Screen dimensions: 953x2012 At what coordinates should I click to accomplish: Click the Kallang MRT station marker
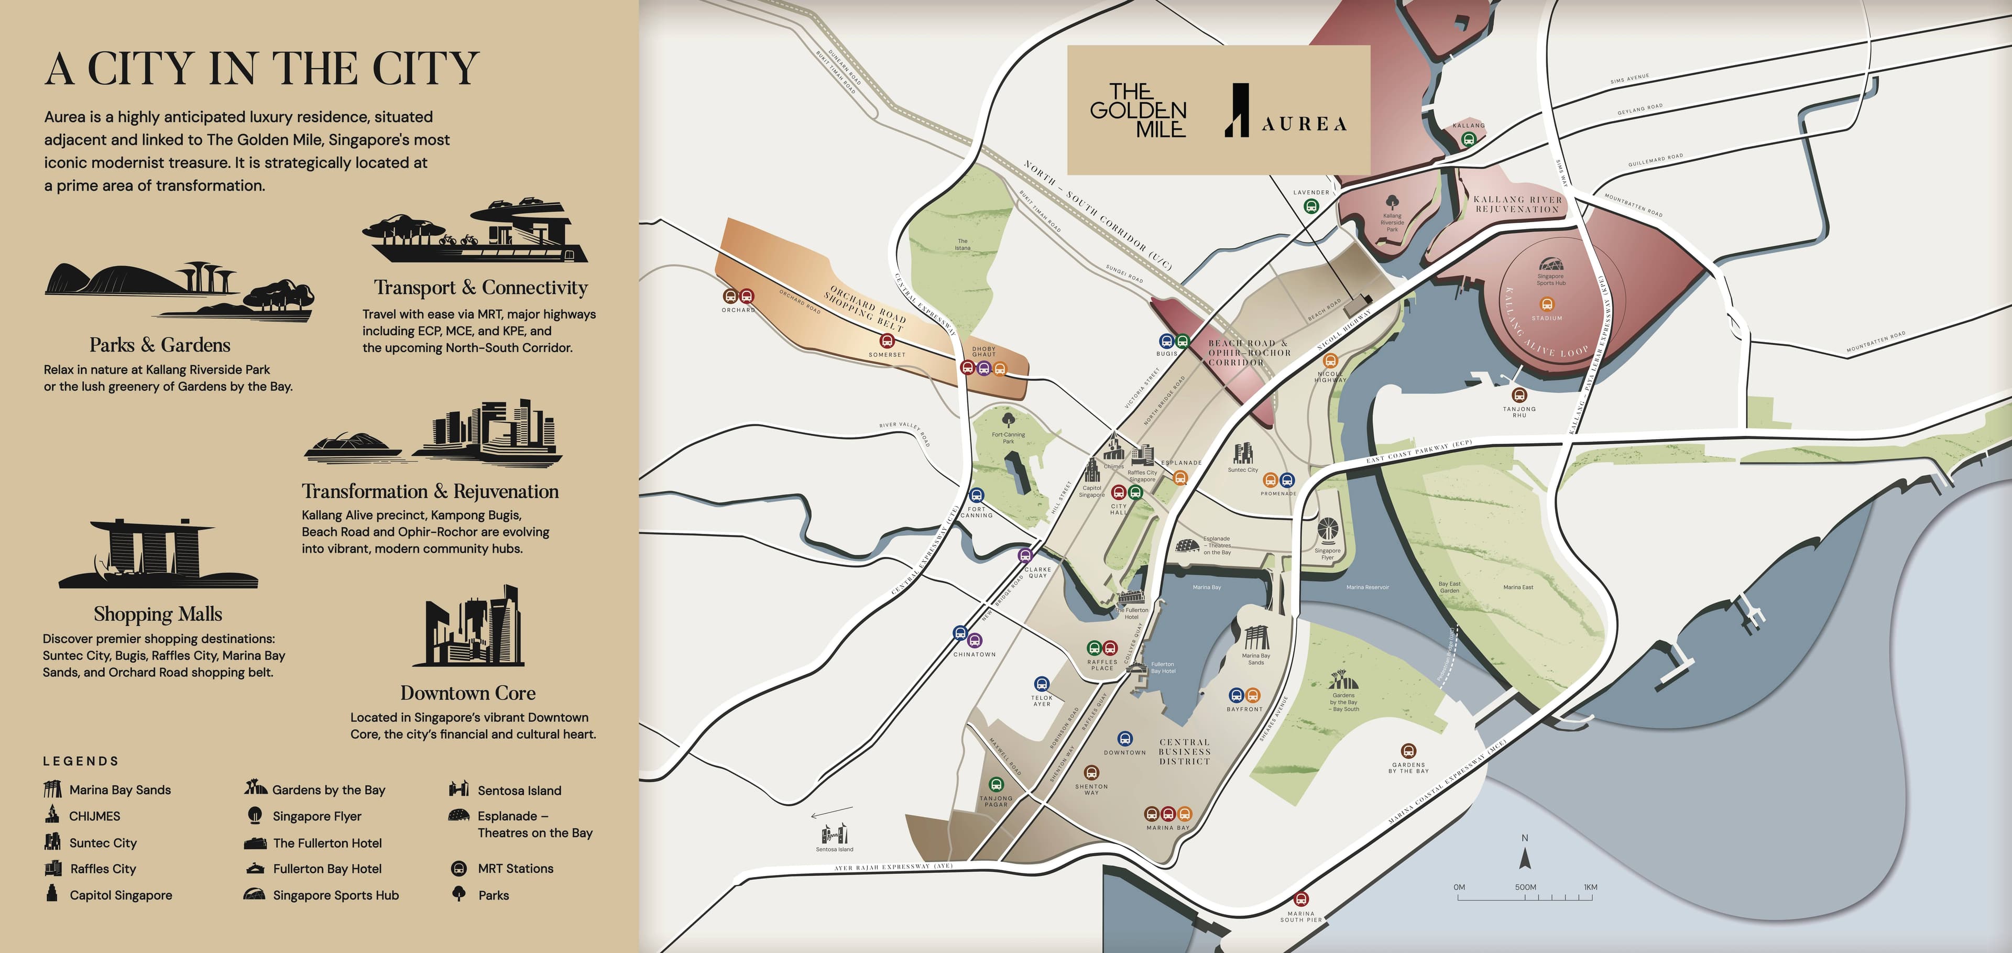point(1468,139)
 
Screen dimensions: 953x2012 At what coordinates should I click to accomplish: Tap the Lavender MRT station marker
point(1311,206)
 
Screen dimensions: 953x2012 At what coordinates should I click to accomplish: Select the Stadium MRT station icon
point(1547,304)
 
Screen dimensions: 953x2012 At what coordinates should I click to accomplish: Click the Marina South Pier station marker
point(1301,899)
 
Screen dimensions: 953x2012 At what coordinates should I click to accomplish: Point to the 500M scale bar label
point(1525,888)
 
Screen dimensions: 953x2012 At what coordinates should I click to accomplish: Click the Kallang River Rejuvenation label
point(1517,204)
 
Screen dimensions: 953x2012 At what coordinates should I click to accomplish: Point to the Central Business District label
point(1184,751)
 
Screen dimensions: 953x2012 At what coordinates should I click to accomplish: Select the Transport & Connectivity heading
point(480,288)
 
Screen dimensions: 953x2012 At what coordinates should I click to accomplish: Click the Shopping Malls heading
point(158,614)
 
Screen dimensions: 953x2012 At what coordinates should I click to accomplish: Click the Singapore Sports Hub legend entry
point(335,895)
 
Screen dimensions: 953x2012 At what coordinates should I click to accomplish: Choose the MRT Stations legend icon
point(460,868)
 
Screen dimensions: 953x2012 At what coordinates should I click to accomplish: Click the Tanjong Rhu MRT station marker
point(1518,395)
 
